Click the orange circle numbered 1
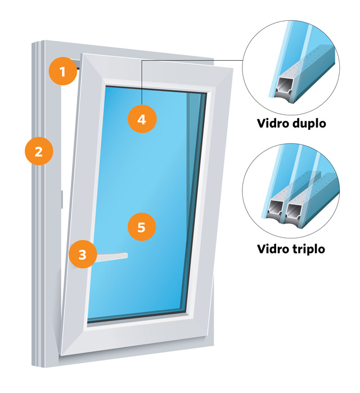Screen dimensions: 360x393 coord(62,71)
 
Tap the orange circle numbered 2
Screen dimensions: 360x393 coord(39,151)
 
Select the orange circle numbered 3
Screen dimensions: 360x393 coord(83,254)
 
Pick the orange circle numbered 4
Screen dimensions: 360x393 coord(142,119)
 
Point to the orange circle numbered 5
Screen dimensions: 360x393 coord(142,227)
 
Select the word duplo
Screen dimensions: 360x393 coord(309,124)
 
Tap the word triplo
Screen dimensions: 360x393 coord(309,250)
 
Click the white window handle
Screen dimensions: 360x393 coord(111,256)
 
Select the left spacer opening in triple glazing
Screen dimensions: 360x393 coord(275,208)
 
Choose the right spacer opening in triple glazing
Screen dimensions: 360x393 coord(293,210)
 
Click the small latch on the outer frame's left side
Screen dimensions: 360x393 coord(61,199)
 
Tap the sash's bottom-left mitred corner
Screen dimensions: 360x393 coord(61,355)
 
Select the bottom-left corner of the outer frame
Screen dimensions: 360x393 coord(32,366)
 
